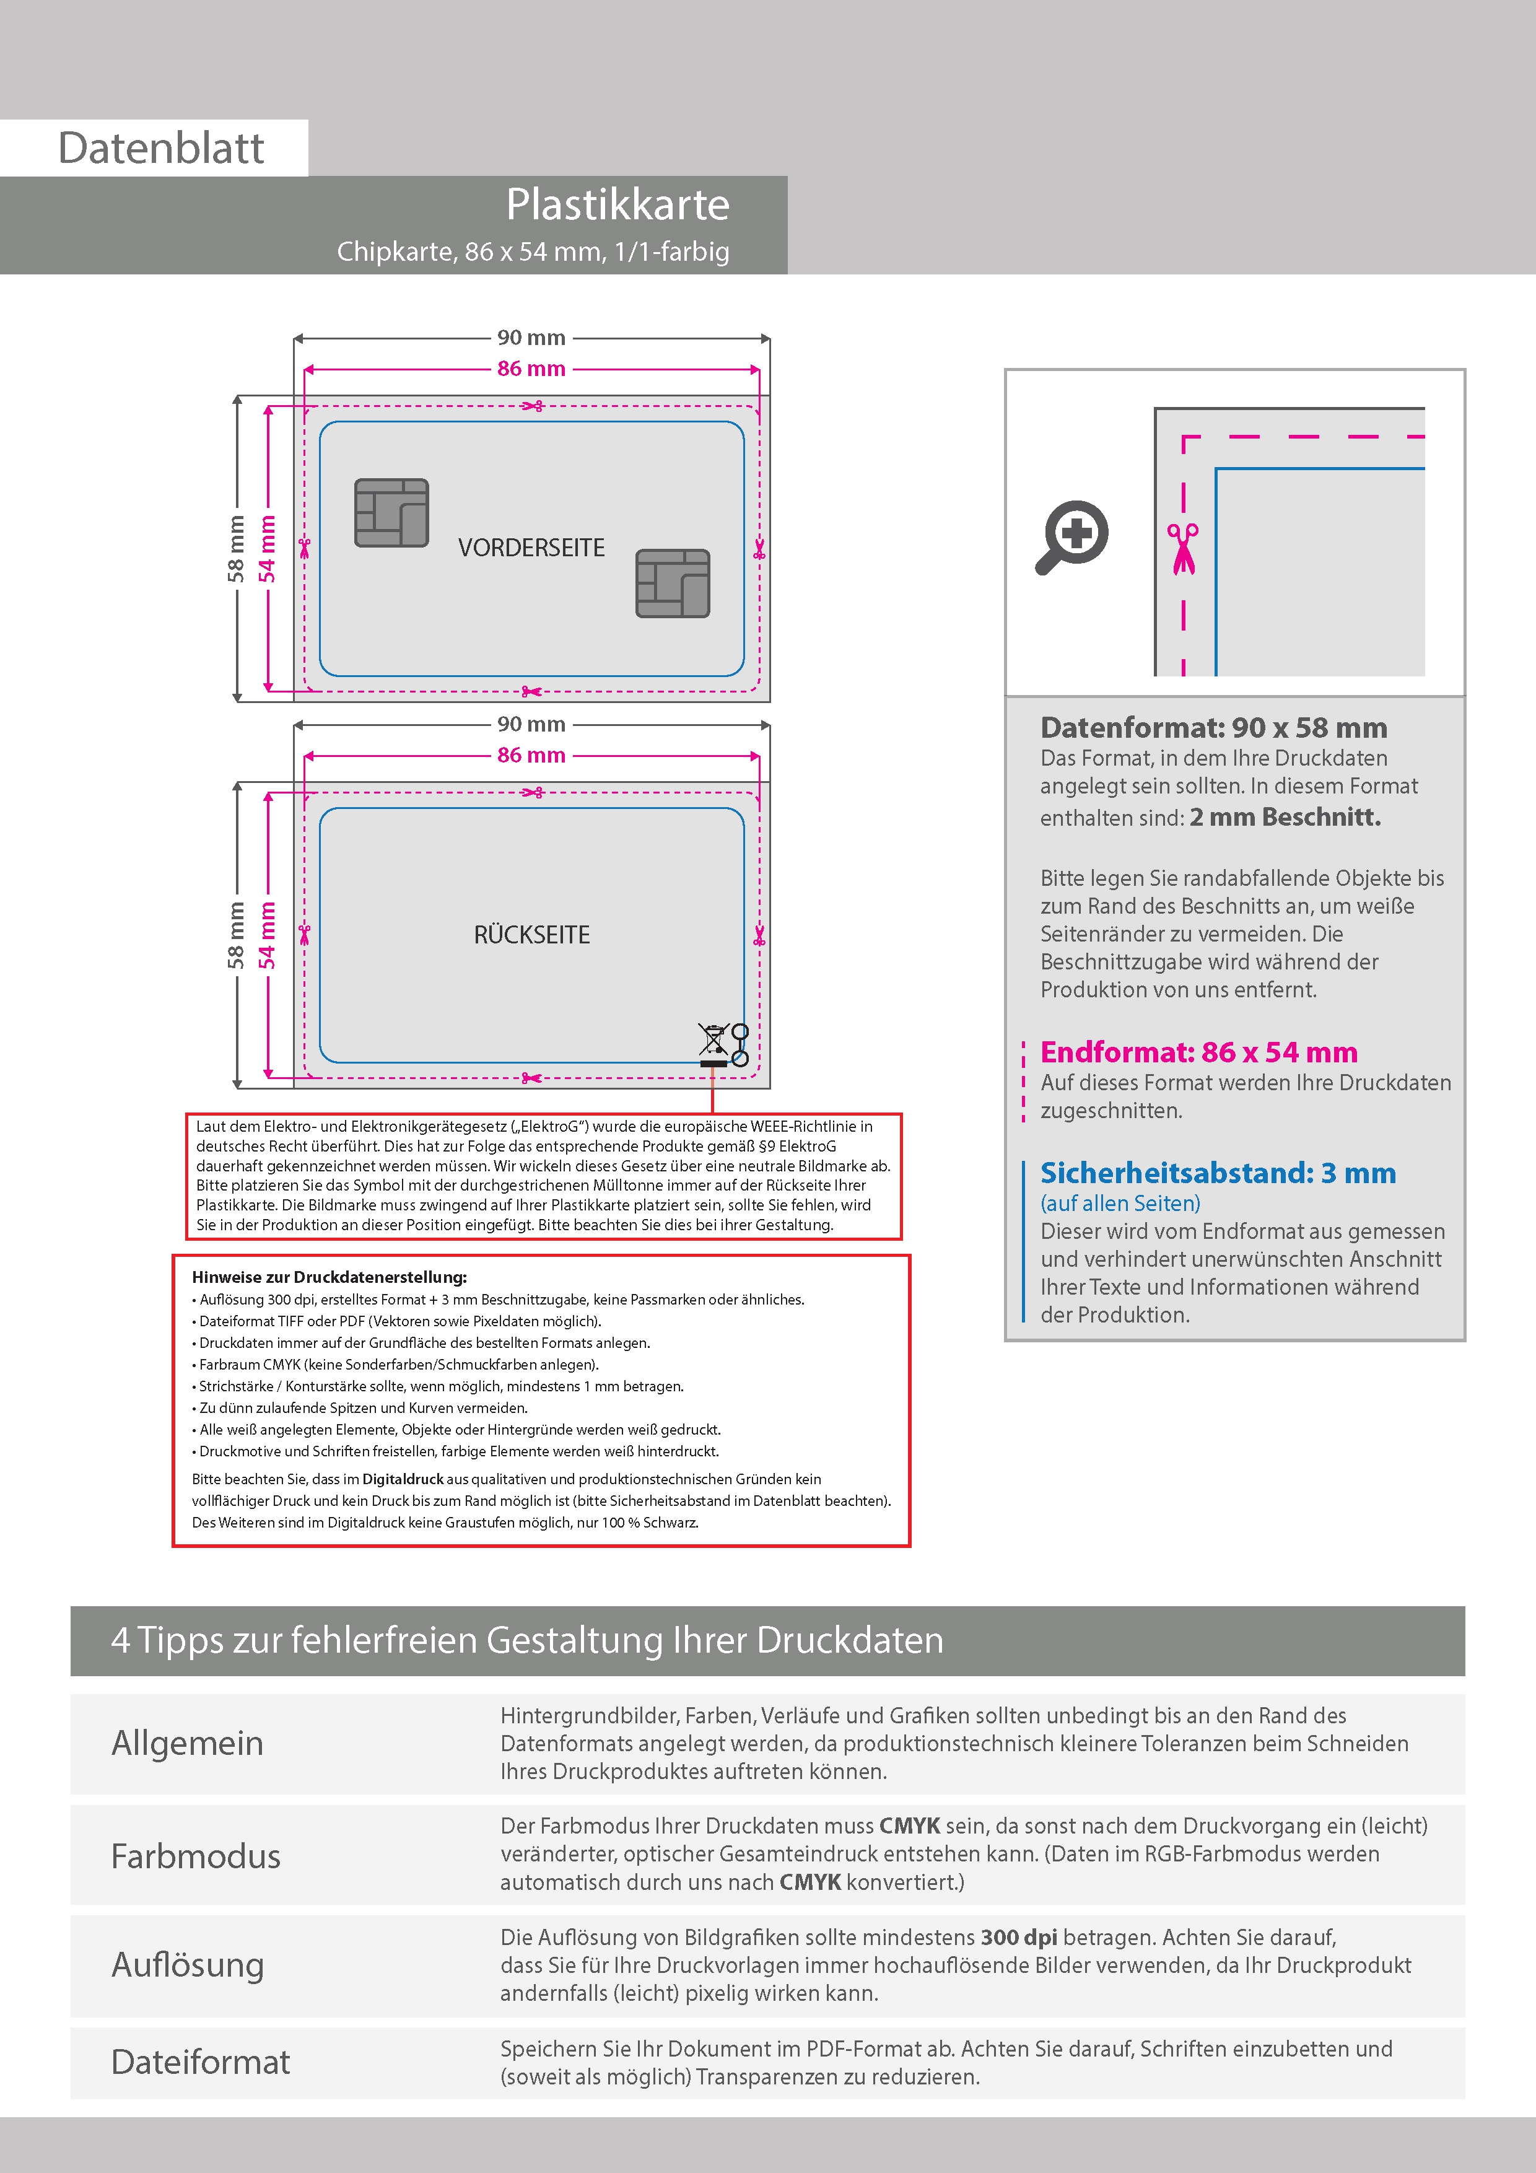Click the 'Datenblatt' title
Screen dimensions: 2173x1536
pos(161,149)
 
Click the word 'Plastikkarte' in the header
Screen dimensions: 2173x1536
pos(617,204)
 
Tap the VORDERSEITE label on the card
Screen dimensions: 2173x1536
pos(531,548)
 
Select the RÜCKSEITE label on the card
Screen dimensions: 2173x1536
pos(531,935)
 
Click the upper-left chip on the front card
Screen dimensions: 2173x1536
pos(391,513)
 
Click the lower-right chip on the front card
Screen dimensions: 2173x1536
pos(673,583)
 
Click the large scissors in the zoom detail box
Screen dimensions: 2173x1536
pos(1182,548)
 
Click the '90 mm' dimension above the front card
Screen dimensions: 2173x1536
pos(531,338)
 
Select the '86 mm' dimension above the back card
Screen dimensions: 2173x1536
pos(531,755)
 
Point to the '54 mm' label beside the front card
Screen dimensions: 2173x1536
pos(268,549)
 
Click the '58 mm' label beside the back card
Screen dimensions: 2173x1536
pos(235,936)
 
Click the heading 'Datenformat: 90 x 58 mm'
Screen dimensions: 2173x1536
pos(1213,728)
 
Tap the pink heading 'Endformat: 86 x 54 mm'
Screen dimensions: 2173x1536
pos(1198,1052)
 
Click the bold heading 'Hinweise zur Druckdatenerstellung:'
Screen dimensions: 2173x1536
pos(329,1277)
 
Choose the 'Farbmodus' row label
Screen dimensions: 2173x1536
pos(196,1856)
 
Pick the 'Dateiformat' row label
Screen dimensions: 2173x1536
pos(201,2062)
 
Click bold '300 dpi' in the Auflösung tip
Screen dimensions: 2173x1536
pos(1018,1938)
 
